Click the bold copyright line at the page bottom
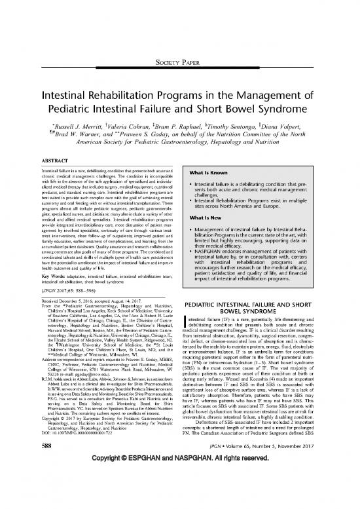179,498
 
